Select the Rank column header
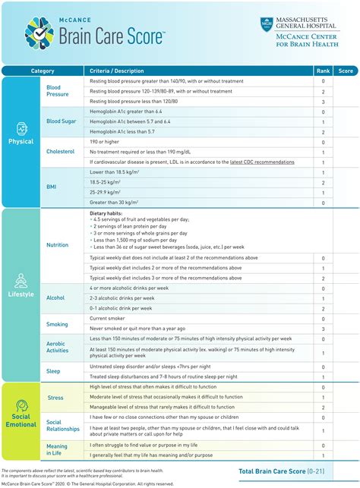[322, 71]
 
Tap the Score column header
[346, 71]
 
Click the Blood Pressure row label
[58, 91]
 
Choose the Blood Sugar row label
[61, 121]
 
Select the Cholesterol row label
[61, 151]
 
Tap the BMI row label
[52, 187]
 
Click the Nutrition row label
[57, 245]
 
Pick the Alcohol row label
[55, 298]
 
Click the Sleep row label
[53, 372]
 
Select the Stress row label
[55, 397]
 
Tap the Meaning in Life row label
[57, 451]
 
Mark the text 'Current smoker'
[109, 319]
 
